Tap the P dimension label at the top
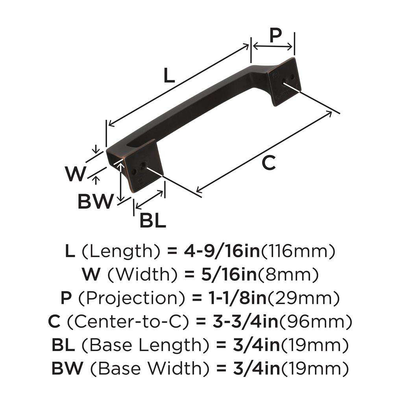[x=275, y=35]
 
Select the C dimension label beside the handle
[x=268, y=163]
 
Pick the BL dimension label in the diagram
[x=152, y=222]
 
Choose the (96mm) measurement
[x=316, y=322]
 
